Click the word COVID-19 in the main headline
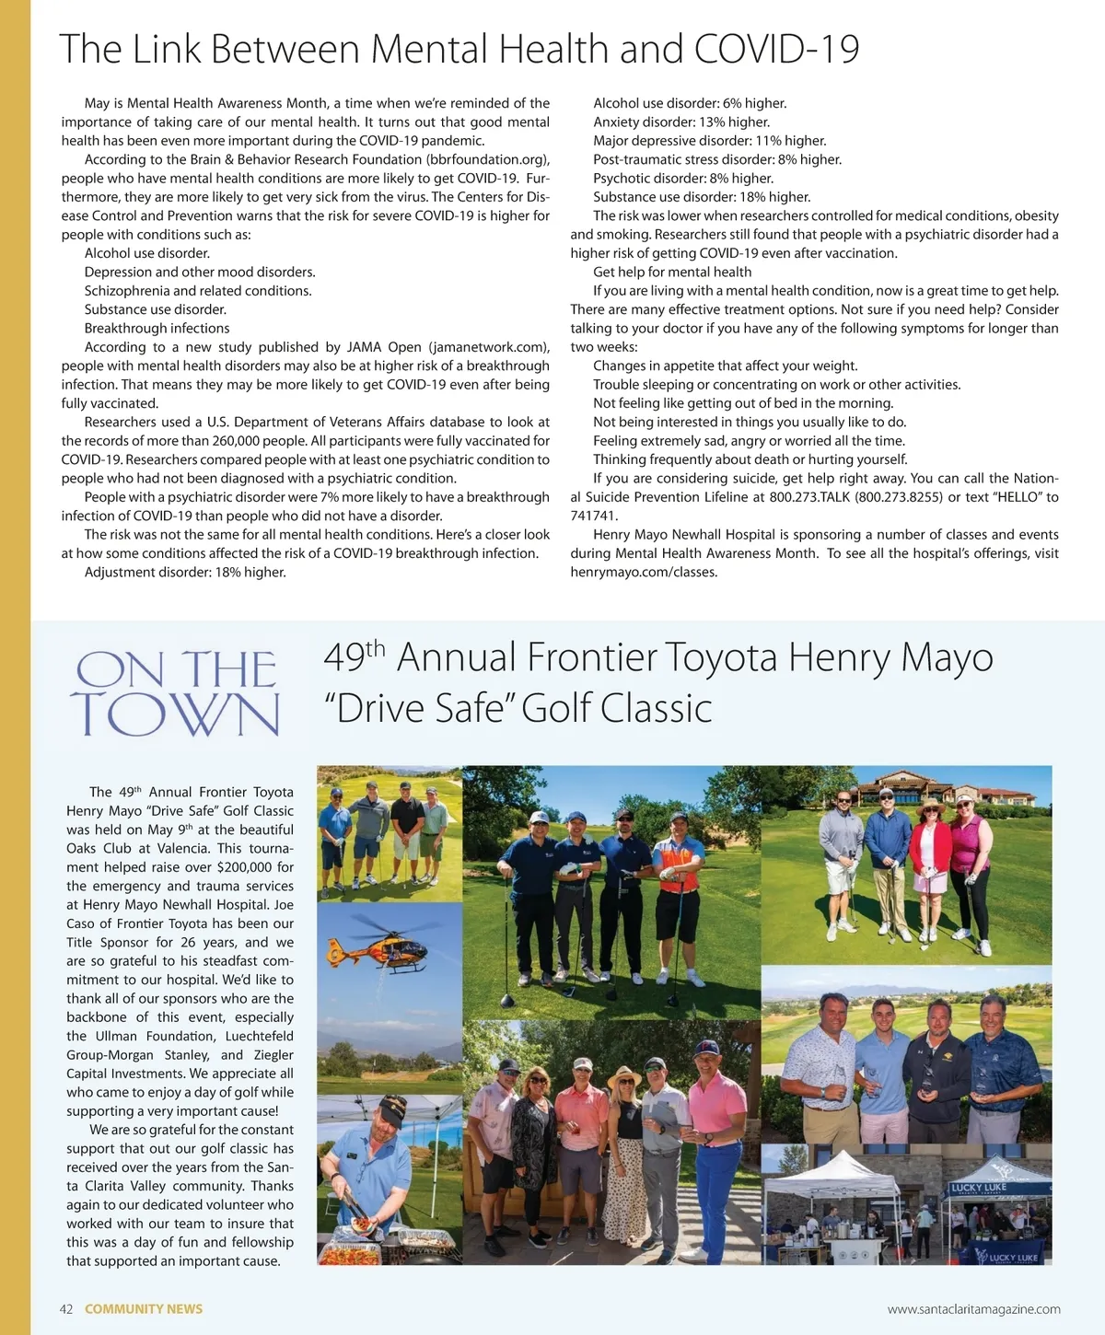click(x=776, y=49)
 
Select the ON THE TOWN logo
click(x=175, y=692)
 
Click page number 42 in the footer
click(x=66, y=1308)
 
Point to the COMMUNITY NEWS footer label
click(x=144, y=1308)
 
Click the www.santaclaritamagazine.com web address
click(x=973, y=1308)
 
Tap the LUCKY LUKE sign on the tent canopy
click(x=980, y=1188)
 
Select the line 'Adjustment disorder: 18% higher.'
click(x=185, y=572)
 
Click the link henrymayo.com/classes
click(x=644, y=572)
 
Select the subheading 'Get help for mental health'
click(x=672, y=272)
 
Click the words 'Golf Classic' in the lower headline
click(x=616, y=708)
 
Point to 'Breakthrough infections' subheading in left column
click(x=157, y=328)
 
